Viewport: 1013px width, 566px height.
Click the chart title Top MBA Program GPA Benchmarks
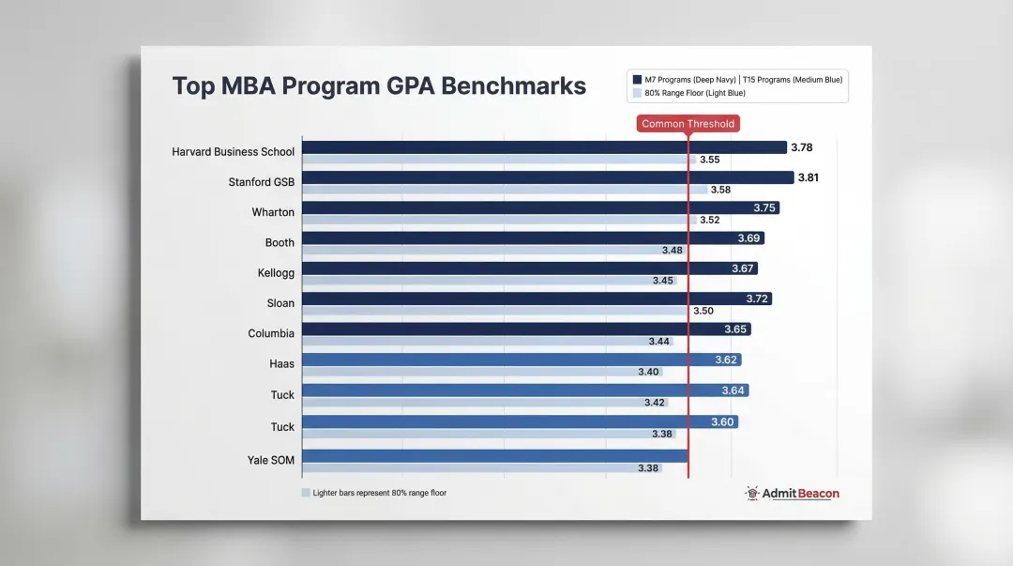tap(379, 86)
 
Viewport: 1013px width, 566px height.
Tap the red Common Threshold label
tap(688, 124)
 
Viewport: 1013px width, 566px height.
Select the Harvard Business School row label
tap(233, 152)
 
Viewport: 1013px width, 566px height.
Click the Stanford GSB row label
tap(261, 182)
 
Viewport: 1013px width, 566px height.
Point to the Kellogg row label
tap(276, 272)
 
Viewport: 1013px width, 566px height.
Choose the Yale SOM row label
tap(270, 460)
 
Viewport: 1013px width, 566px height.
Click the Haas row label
tap(281, 363)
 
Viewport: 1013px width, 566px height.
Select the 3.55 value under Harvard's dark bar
tap(709, 160)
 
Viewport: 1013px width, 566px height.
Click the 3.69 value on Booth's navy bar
tap(748, 238)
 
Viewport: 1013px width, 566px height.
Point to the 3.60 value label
tap(722, 422)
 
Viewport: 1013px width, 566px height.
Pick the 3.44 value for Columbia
tap(658, 342)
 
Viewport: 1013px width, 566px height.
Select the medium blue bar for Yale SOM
tap(495, 456)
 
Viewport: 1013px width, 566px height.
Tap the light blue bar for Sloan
tap(494, 311)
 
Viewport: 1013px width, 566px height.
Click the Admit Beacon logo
tap(792, 493)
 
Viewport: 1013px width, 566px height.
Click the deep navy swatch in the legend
tap(638, 80)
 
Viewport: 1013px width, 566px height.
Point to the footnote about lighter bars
tap(373, 493)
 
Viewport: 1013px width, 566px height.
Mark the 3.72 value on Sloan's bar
tap(758, 298)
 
